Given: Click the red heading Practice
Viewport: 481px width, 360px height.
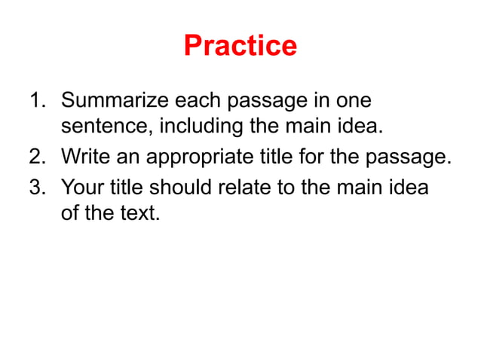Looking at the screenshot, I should [240, 47].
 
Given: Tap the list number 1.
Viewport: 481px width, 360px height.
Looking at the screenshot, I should [37, 101].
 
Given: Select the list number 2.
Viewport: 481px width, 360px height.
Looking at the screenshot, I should [37, 157].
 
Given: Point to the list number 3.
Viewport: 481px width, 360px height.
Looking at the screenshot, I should [37, 186].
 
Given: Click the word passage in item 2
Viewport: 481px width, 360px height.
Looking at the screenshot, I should [409, 157].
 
